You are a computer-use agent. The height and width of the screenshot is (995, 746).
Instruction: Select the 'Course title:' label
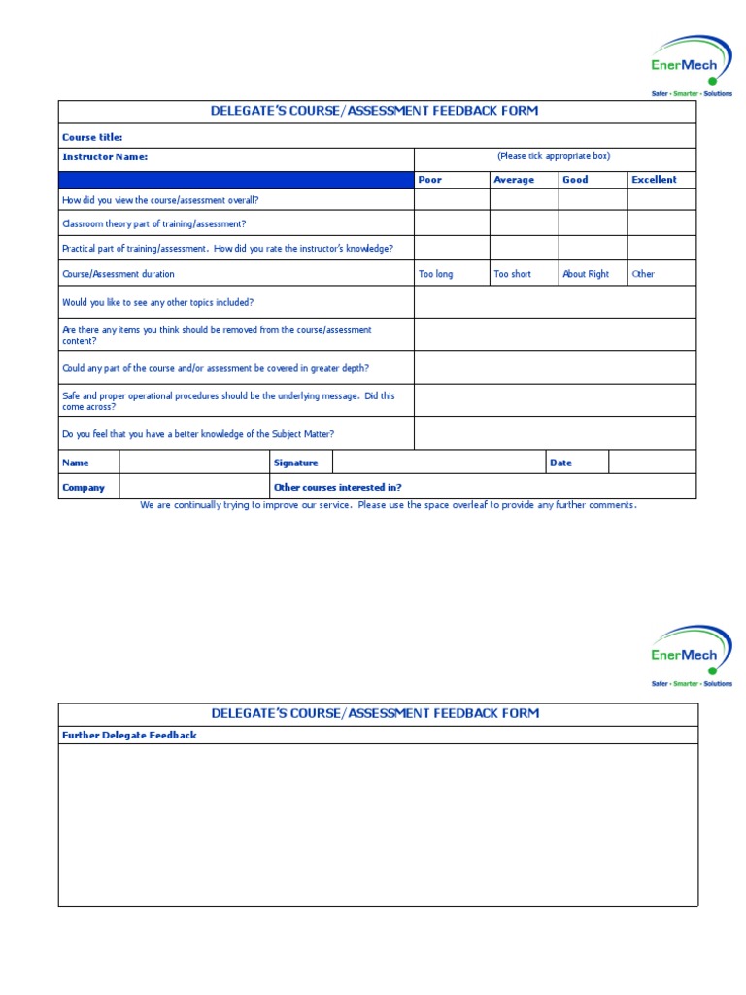pyautogui.click(x=92, y=137)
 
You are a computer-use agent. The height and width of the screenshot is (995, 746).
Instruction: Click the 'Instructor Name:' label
pyautogui.click(x=105, y=156)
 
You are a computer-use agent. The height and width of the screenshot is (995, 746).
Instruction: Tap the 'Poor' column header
pyautogui.click(x=429, y=180)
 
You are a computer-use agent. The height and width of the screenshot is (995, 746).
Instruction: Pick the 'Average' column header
pyautogui.click(x=514, y=180)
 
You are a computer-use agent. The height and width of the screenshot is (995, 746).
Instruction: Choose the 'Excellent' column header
pyautogui.click(x=654, y=180)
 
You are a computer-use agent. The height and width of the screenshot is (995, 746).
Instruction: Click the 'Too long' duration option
pyautogui.click(x=435, y=274)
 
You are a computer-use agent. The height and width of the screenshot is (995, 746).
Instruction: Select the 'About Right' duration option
pyautogui.click(x=586, y=274)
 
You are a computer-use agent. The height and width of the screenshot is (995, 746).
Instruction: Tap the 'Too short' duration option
pyautogui.click(x=512, y=274)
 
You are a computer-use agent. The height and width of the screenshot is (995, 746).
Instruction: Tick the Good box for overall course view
pyautogui.click(x=593, y=200)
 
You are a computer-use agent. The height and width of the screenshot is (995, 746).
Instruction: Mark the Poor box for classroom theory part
pyautogui.click(x=452, y=223)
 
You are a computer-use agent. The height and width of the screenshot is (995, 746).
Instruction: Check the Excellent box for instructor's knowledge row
pyautogui.click(x=661, y=248)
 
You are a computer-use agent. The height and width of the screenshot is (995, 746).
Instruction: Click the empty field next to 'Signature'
pyautogui.click(x=438, y=463)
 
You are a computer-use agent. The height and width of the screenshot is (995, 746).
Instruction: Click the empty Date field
pyautogui.click(x=652, y=463)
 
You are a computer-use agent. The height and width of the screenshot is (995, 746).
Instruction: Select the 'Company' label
pyautogui.click(x=84, y=487)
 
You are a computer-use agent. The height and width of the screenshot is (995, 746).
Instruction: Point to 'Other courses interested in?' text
pyautogui.click(x=338, y=487)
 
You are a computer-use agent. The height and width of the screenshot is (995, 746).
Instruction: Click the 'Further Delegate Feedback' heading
pyautogui.click(x=129, y=736)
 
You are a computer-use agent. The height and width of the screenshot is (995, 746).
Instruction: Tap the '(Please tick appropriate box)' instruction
pyautogui.click(x=554, y=156)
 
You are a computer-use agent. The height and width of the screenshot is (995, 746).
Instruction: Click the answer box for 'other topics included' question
pyautogui.click(x=555, y=302)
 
